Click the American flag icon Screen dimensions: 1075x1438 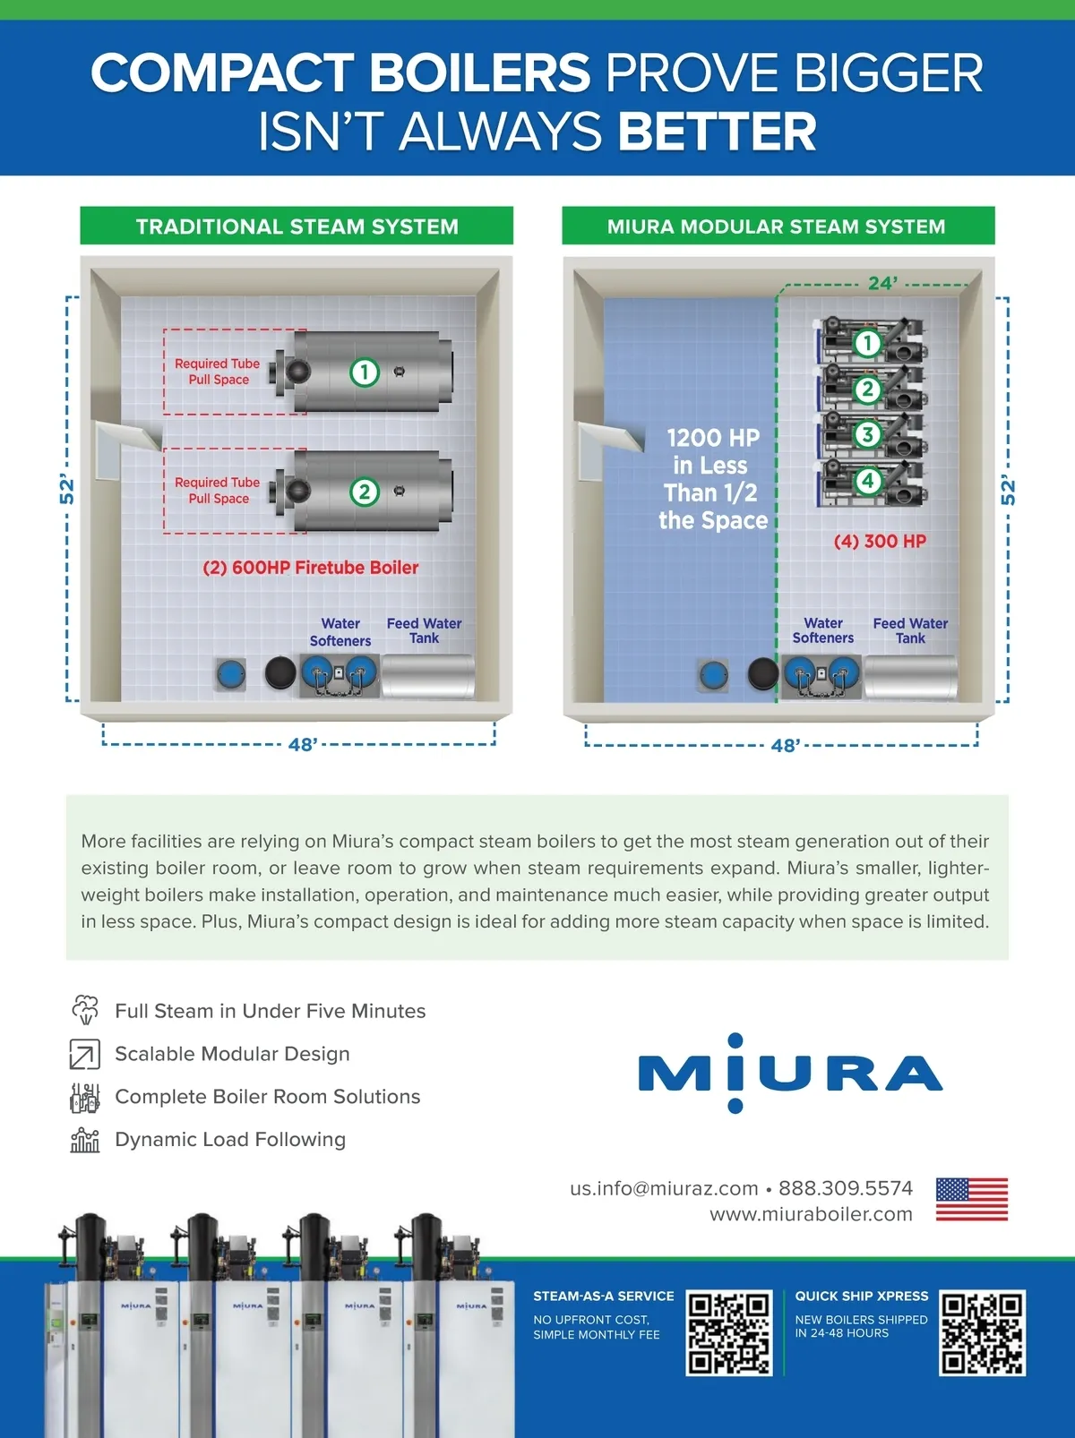971,1199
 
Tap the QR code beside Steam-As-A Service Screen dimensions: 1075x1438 729,1332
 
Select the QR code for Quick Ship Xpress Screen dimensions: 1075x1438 982,1332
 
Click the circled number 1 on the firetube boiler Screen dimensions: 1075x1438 365,372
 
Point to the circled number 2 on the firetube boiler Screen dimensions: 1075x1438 365,492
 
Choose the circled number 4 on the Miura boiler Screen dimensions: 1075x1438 868,481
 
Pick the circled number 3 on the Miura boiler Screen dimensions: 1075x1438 868,433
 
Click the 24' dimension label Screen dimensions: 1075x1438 882,283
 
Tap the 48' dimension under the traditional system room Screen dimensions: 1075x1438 303,744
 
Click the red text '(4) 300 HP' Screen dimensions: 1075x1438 880,541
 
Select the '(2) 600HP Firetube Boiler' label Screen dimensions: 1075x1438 310,568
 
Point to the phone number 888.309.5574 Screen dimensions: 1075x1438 846,1188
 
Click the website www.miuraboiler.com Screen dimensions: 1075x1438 811,1214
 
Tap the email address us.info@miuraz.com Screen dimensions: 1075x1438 664,1188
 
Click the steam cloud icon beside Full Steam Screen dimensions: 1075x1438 85,1009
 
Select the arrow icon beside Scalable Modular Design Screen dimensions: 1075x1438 84,1054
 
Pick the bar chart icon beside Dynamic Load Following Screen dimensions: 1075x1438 84,1140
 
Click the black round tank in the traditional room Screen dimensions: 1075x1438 280,672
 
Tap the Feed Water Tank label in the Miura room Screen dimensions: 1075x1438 910,630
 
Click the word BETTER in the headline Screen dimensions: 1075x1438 717,131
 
